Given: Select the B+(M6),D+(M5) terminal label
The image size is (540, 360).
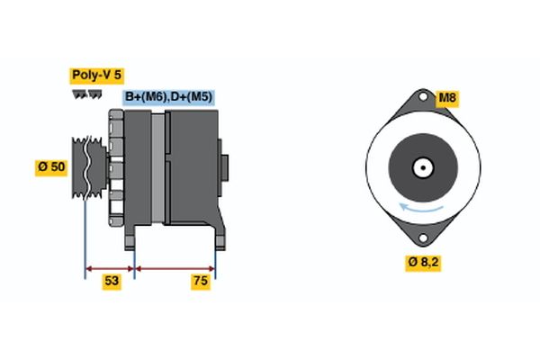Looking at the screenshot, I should (169, 96).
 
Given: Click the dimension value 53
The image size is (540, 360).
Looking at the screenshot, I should (112, 282).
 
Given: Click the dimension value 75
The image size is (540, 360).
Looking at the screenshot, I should (201, 282).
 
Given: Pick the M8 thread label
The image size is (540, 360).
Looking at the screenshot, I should (447, 97).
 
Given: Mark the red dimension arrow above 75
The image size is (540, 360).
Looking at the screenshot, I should (175, 267).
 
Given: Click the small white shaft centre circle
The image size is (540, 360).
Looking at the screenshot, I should (420, 168).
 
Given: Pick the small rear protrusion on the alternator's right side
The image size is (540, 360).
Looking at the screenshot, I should (225, 167).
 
